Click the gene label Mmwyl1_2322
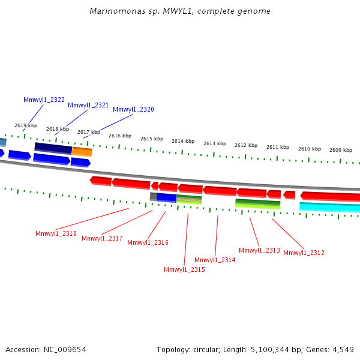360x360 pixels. click(x=44, y=100)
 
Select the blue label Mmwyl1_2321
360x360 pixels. click(x=88, y=105)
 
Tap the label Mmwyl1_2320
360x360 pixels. click(x=133, y=109)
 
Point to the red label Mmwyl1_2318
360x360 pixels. click(x=56, y=233)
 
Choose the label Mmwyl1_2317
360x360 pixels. click(x=102, y=238)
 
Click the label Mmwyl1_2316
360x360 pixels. click(x=148, y=242)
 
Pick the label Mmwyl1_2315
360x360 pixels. click(x=184, y=269)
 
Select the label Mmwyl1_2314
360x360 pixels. click(x=215, y=260)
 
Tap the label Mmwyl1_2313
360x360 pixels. click(x=259, y=250)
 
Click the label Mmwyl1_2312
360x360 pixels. click(x=304, y=253)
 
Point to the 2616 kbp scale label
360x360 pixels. click(x=120, y=136)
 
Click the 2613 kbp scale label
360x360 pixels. click(x=215, y=143)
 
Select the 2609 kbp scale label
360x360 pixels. click(x=341, y=150)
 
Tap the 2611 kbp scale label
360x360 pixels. click(x=278, y=147)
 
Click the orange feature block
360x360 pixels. click(x=82, y=152)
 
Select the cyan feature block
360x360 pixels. click(x=329, y=208)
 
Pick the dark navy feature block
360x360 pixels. click(x=53, y=148)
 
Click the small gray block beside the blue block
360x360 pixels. click(x=154, y=197)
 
